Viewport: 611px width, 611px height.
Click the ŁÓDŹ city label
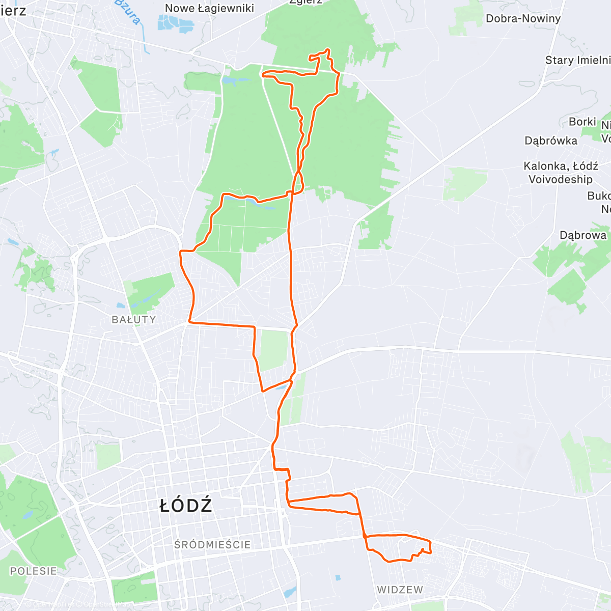pos(186,506)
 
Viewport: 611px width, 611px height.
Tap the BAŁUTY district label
pos(134,320)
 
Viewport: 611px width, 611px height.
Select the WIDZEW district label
pos(400,590)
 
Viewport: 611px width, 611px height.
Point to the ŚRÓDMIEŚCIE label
pos(212,545)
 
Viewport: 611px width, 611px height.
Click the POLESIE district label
pos(34,571)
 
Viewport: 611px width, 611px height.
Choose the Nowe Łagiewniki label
pos(209,8)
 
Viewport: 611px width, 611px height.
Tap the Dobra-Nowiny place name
pos(523,19)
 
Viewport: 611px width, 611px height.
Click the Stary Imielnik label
pos(577,60)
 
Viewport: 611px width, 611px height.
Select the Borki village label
pos(582,122)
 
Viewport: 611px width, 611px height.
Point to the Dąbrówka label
pos(551,141)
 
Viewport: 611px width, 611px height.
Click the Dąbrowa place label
pos(583,235)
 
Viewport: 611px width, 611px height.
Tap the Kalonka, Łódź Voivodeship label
pos(561,173)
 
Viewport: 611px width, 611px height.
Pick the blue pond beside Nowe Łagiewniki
pos(176,23)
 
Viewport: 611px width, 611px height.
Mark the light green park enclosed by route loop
pos(273,350)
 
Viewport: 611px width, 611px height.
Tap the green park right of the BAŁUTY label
pos(150,293)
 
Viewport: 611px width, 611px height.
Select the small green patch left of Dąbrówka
pos(464,183)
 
